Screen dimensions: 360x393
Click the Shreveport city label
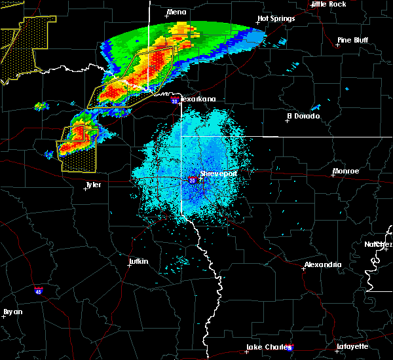tap(218, 174)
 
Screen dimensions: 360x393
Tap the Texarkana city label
tap(197, 99)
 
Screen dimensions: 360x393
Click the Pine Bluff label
tap(352, 40)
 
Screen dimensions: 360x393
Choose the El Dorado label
tap(303, 116)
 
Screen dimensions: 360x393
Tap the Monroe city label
tap(345, 171)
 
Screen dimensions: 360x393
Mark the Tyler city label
tap(93, 185)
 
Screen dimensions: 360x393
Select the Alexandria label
tap(322, 264)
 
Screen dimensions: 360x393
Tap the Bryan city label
tap(12, 312)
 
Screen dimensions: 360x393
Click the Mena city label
tap(176, 12)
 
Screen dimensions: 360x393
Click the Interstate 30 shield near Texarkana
tap(174, 101)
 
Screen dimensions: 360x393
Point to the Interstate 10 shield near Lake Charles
tap(290, 347)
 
